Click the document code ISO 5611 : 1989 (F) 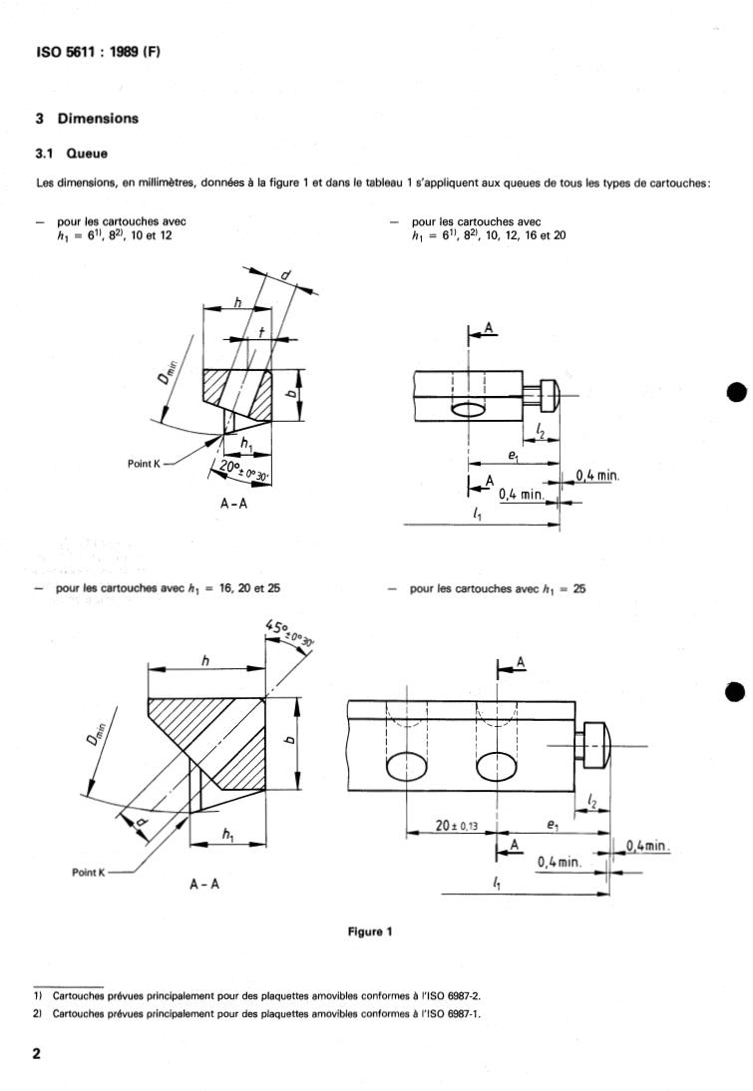point(98,52)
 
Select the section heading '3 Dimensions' point(87,119)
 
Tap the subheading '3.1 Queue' point(72,154)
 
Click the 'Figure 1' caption point(370,931)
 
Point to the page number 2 point(37,1053)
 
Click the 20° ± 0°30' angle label point(243,471)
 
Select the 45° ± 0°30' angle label point(288,634)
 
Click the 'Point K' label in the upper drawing point(144,464)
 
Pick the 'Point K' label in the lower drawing point(89,872)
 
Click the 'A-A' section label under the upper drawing point(233,503)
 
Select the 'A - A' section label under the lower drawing point(204,884)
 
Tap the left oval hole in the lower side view point(407,768)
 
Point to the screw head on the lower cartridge point(597,746)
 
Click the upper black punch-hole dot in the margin point(736,393)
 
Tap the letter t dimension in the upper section point(261,333)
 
